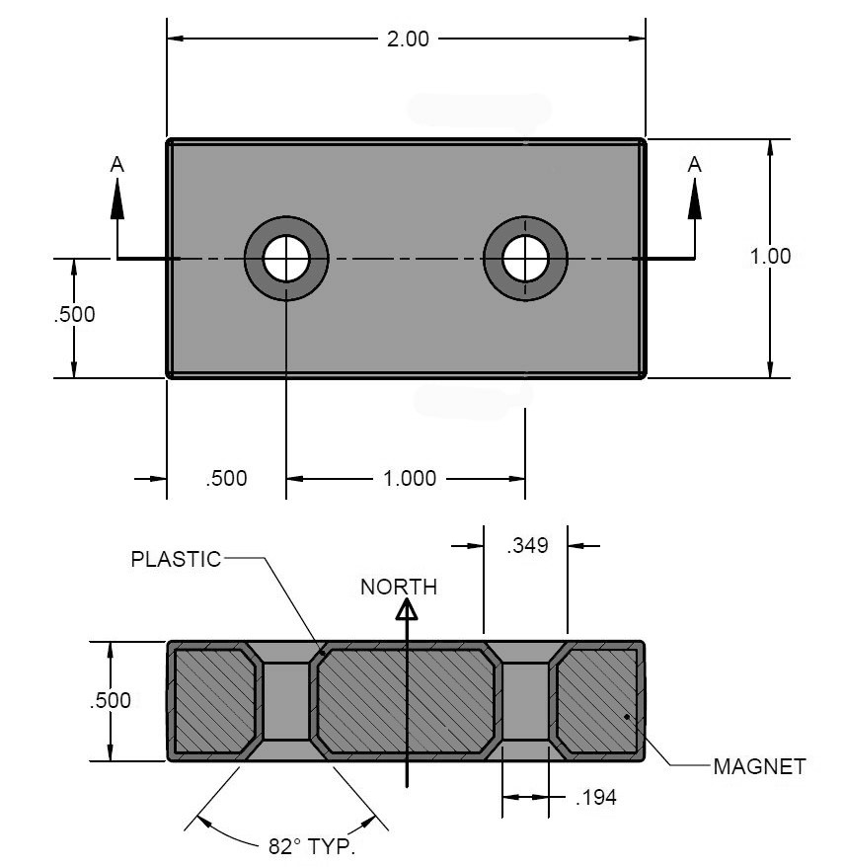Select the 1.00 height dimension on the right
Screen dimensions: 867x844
click(x=770, y=256)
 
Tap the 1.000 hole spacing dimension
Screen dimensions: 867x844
click(x=409, y=479)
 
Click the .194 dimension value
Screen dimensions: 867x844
click(x=595, y=798)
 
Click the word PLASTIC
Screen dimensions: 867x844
click(x=176, y=559)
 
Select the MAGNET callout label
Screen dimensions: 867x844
click(x=759, y=766)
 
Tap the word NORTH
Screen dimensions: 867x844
click(x=398, y=588)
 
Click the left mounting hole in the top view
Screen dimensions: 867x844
click(x=286, y=259)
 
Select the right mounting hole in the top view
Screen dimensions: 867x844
click(x=525, y=259)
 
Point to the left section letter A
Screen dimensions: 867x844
click(x=117, y=165)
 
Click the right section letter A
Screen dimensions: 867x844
click(x=695, y=165)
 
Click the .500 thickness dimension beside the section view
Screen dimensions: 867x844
click(x=110, y=701)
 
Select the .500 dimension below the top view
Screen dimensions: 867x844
click(x=226, y=479)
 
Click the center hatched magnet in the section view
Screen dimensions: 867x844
click(x=405, y=701)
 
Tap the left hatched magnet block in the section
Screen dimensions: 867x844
click(x=214, y=701)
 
